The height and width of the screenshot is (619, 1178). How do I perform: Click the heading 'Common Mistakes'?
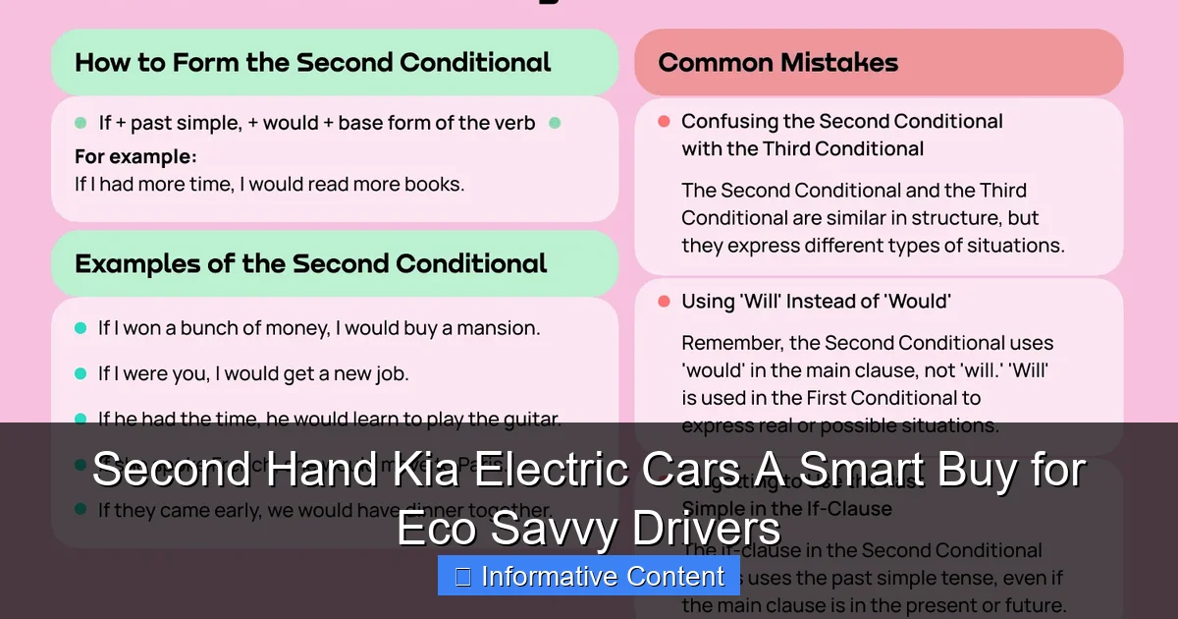[x=777, y=63]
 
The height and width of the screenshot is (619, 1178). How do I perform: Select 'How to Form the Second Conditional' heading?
[x=312, y=63]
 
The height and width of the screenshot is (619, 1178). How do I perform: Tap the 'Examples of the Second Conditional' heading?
[x=310, y=264]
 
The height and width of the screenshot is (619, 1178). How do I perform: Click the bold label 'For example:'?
[x=135, y=157]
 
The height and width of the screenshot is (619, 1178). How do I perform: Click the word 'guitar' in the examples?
[x=529, y=420]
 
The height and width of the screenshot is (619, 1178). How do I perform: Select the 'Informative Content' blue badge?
[x=589, y=577]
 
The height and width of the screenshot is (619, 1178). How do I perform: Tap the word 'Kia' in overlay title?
[x=418, y=471]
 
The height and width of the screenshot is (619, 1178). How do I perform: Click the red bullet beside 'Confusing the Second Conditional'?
[x=664, y=122]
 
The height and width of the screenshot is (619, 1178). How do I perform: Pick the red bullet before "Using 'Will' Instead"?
[x=664, y=302]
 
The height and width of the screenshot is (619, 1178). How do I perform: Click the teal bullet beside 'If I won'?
[x=80, y=328]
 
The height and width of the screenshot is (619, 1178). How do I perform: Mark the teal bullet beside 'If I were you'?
[x=80, y=373]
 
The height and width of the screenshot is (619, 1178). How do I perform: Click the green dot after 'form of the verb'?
[x=555, y=123]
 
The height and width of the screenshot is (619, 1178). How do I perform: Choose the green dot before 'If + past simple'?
[x=80, y=123]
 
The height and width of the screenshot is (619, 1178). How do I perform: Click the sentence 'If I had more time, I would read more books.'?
[x=269, y=184]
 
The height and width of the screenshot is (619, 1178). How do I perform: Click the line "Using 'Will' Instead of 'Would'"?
[x=816, y=302]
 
